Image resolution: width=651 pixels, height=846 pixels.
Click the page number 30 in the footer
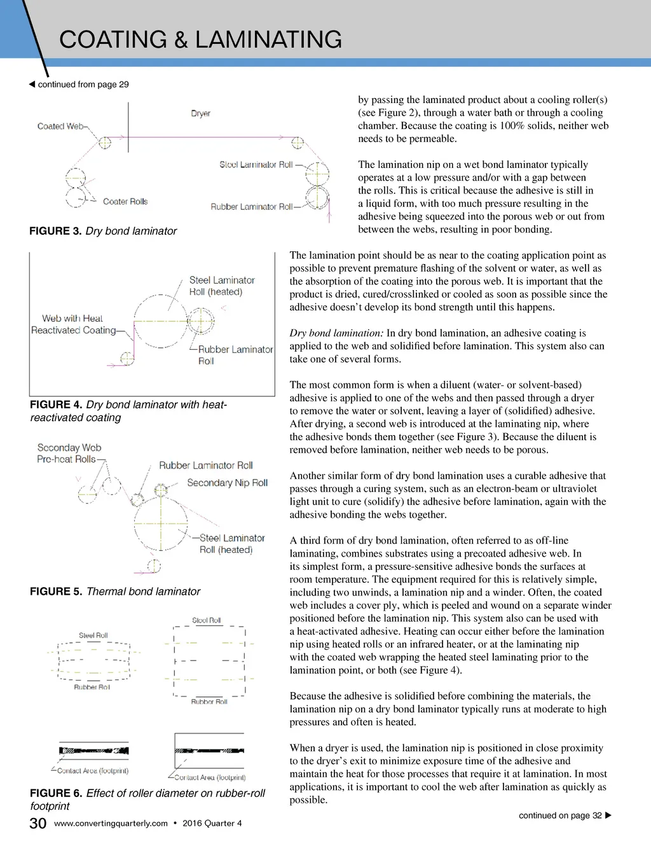click(38, 823)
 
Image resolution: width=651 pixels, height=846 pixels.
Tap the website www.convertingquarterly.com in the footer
click(111, 823)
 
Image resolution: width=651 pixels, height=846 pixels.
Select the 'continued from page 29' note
click(83, 84)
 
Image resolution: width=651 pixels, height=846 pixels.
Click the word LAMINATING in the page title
click(268, 39)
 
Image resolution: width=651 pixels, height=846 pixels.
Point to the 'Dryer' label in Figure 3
click(200, 113)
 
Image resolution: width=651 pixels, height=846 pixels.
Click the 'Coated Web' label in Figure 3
click(60, 126)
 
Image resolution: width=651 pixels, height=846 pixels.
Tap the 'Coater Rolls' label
click(125, 202)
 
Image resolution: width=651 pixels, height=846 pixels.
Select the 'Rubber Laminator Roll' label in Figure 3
click(252, 207)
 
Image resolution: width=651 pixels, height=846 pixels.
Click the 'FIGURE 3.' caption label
click(55, 231)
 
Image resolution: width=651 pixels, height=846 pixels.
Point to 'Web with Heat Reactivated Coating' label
click(73, 324)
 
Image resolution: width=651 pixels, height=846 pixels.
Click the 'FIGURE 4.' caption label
click(56, 405)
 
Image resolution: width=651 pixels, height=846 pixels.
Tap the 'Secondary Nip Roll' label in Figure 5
click(227, 483)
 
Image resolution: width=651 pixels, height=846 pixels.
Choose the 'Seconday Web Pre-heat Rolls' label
click(69, 454)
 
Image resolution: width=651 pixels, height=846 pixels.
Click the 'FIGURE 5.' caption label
click(56, 592)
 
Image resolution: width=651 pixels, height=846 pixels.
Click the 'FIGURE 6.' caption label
click(56, 793)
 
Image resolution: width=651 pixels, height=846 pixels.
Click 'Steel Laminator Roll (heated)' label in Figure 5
click(231, 544)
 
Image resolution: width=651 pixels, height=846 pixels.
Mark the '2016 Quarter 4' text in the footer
click(212, 823)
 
